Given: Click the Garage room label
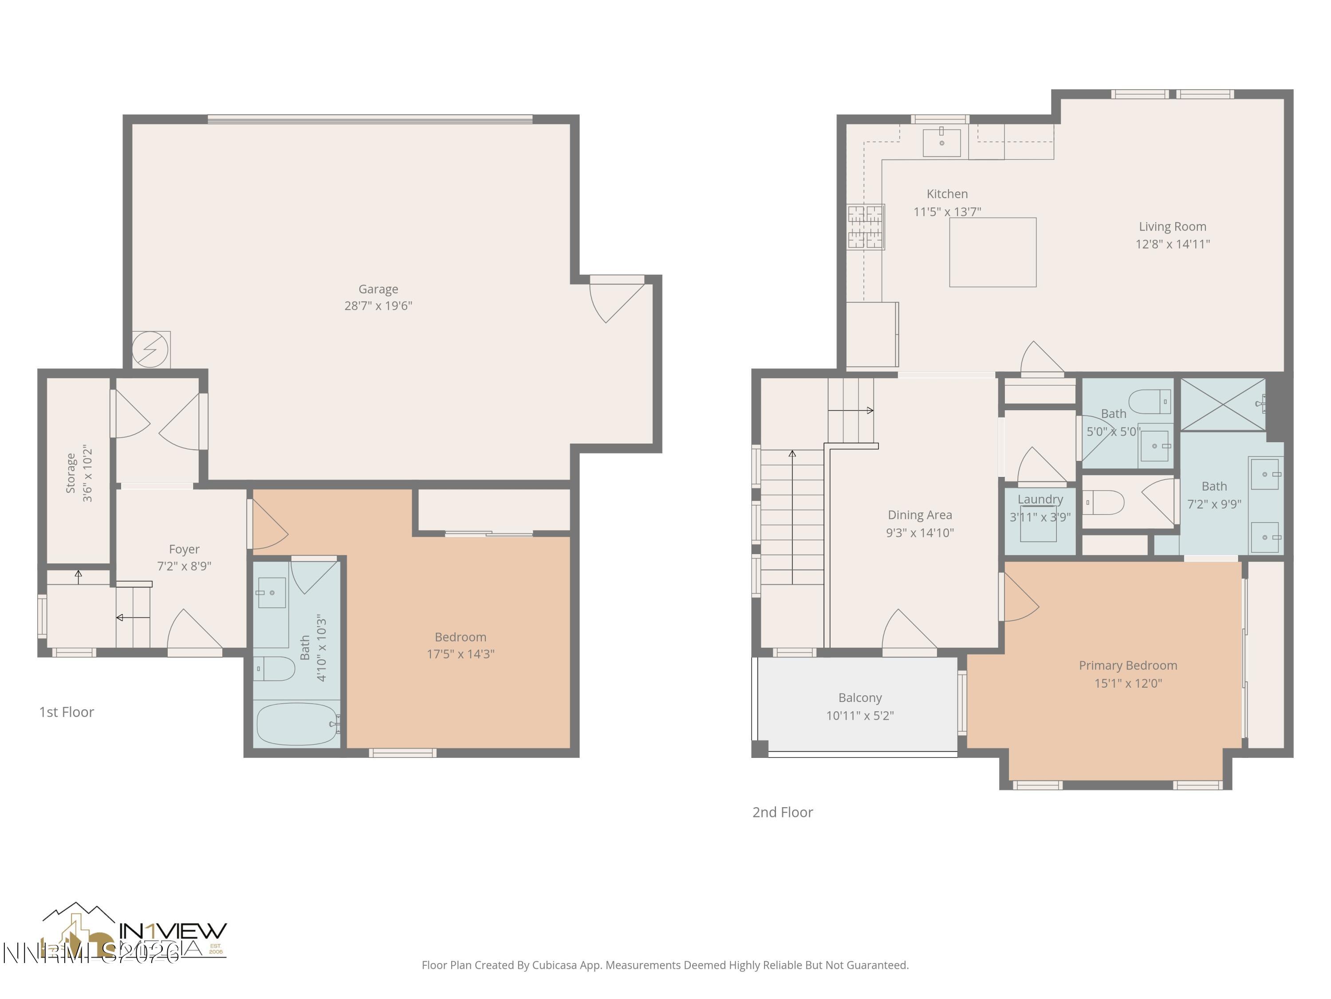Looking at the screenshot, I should (378, 289).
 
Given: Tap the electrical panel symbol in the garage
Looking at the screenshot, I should (150, 349).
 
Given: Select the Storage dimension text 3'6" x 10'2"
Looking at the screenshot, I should (88, 473).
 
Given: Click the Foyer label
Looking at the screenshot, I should (184, 549).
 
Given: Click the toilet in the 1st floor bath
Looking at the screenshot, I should (274, 668).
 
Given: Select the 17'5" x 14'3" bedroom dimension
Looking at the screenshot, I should (461, 654).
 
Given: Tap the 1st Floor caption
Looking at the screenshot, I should (67, 712).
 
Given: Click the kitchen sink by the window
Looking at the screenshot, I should (942, 143).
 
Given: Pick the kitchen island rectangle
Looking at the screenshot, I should (993, 252).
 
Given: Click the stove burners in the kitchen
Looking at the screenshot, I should (865, 227).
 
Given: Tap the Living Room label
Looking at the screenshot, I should (1172, 226).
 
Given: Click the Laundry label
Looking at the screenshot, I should (1040, 499).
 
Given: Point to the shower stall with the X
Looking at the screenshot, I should (1223, 404).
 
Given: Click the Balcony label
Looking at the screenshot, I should (860, 698).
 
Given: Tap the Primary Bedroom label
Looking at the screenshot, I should (1128, 666).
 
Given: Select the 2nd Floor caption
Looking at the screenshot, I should (782, 813).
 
